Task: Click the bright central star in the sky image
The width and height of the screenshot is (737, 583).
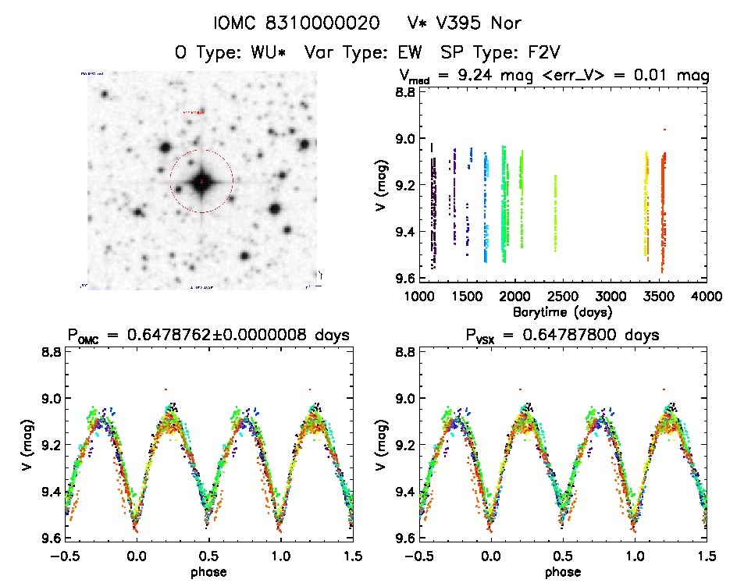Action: [201, 181]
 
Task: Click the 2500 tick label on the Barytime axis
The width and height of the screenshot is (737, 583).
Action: [562, 297]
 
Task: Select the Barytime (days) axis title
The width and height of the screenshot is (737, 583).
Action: [562, 311]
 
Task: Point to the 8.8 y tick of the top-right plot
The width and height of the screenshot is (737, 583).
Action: [404, 92]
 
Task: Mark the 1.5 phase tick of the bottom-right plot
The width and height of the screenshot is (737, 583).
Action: [706, 556]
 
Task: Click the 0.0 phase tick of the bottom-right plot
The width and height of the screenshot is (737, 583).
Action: [491, 556]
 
